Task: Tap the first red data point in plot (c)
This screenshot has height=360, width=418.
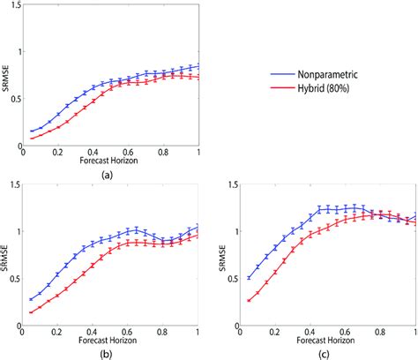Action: click(249, 301)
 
